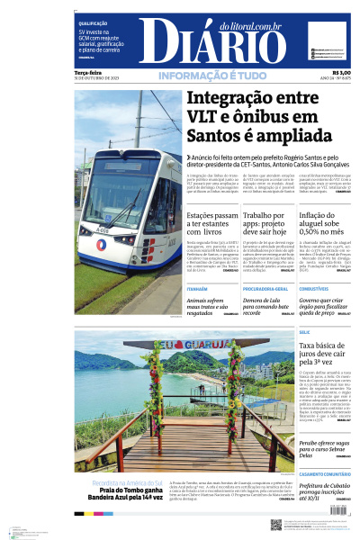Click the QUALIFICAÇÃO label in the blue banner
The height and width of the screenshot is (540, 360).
pos(93,22)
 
